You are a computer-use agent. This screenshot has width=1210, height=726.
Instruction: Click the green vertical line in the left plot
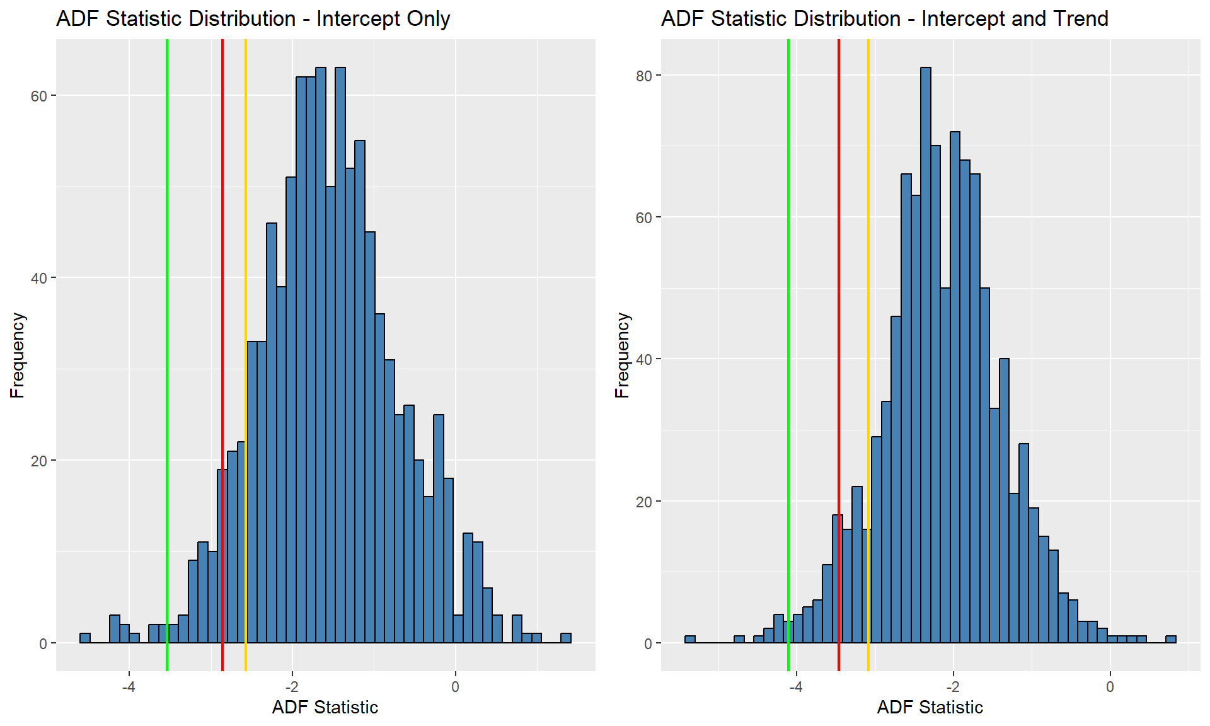point(167,355)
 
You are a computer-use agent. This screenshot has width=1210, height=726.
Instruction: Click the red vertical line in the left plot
point(222,355)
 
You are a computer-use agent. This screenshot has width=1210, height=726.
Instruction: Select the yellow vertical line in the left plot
point(246,355)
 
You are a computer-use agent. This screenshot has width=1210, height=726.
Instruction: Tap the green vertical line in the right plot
point(788,355)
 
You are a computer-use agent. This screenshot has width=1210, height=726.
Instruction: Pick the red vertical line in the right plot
point(839,355)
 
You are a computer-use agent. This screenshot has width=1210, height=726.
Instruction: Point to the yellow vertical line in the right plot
point(868,355)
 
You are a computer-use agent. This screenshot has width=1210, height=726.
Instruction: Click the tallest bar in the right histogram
point(926,355)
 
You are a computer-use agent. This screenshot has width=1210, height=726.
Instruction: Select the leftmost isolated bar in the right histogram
point(690,639)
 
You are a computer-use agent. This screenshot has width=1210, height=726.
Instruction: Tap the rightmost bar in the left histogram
point(566,638)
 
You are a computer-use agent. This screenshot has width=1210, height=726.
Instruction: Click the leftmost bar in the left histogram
point(85,638)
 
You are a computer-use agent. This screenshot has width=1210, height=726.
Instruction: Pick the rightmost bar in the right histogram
point(1171,639)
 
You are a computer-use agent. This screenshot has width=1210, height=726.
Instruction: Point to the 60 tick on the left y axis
point(39,96)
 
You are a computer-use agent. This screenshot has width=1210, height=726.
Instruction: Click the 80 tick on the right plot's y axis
point(644,76)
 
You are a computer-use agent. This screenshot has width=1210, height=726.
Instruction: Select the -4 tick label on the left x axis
point(129,686)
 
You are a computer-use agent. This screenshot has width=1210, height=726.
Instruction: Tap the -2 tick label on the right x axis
point(953,686)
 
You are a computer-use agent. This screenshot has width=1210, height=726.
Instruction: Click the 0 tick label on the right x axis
point(1110,686)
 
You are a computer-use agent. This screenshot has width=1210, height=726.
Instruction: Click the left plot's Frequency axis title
point(18,355)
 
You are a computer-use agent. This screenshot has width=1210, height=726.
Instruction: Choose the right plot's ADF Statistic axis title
point(930,707)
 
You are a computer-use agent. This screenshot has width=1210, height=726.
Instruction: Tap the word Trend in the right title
point(1081,18)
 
